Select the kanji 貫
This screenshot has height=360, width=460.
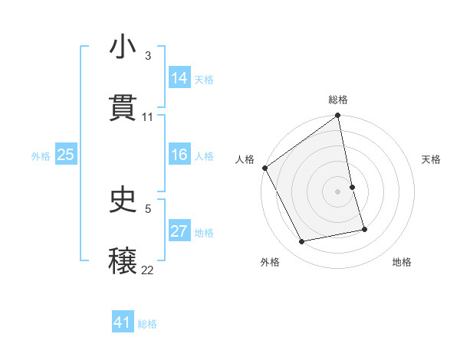123,108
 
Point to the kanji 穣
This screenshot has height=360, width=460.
123,260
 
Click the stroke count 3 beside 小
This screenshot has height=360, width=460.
147,55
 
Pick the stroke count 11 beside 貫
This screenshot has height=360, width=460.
148,116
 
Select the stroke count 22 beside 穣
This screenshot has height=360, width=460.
147,270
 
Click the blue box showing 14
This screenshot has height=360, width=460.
179,78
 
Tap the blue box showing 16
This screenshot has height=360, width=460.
179,155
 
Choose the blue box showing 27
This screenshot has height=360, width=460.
179,232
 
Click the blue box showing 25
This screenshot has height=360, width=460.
66,155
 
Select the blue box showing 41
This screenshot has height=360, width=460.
123,323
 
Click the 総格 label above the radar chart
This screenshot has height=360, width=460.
338,100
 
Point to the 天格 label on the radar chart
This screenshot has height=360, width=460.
432,159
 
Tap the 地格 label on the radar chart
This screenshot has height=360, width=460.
402,262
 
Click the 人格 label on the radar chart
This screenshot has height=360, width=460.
245,159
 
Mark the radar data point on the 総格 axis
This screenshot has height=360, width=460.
338,116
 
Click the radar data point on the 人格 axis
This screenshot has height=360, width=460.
264,168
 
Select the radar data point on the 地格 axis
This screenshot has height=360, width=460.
364,229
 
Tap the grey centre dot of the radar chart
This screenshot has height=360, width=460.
338,191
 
